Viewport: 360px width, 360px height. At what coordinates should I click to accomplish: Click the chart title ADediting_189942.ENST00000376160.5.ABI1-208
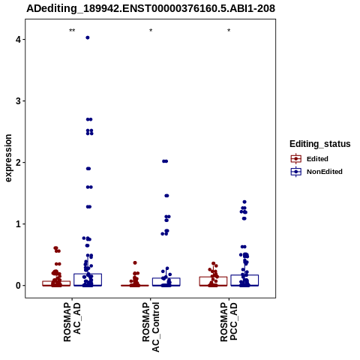[151, 8]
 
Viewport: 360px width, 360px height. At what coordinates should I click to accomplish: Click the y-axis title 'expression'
[8, 158]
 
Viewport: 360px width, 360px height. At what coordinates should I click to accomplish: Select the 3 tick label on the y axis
[18, 101]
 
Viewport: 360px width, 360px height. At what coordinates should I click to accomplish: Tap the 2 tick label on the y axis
[18, 163]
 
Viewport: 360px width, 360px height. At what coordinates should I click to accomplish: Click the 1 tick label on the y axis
[18, 224]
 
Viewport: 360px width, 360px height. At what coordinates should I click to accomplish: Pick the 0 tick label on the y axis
[18, 286]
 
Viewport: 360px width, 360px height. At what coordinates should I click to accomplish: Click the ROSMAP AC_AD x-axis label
[72, 322]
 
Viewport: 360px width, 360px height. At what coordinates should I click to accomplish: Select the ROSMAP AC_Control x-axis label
[151, 327]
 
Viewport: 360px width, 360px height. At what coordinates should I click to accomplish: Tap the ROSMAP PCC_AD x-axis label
[229, 322]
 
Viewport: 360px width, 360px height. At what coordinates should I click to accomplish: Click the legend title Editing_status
[320, 144]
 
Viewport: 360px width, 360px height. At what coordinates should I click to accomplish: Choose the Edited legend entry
[309, 159]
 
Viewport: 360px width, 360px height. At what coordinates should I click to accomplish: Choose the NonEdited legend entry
[316, 172]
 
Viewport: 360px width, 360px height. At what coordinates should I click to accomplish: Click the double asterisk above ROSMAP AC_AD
[72, 31]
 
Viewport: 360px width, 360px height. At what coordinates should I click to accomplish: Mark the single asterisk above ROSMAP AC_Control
[151, 31]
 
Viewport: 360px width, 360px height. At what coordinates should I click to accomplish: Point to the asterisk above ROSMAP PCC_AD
[229, 31]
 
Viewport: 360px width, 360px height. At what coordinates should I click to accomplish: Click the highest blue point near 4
[88, 37]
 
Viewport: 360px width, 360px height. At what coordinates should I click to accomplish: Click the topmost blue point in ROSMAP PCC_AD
[244, 202]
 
